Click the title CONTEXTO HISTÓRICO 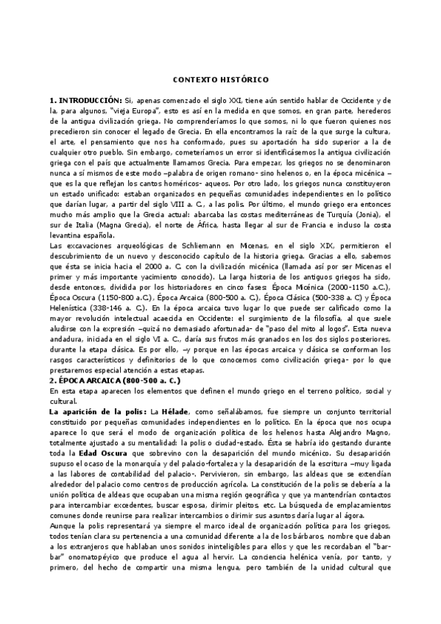point(221,79)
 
